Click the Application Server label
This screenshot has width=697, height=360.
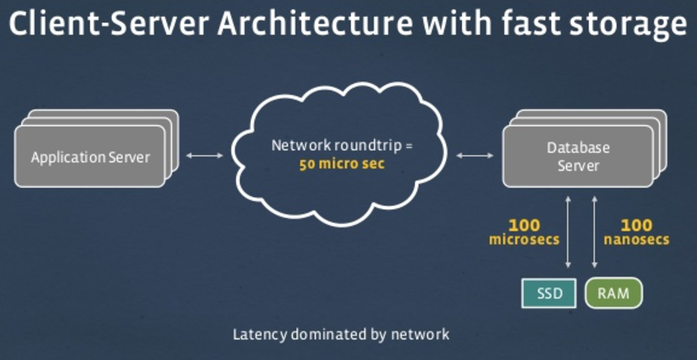click(x=90, y=157)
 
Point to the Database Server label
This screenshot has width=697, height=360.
click(x=578, y=157)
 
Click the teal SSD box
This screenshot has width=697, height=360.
click(x=549, y=293)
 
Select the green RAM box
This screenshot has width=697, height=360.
click(x=614, y=293)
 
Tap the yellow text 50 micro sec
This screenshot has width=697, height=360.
click(x=342, y=165)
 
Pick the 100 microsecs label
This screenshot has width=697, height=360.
click(x=524, y=232)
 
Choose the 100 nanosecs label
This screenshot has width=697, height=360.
click(x=636, y=232)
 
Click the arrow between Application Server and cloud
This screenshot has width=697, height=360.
click(x=205, y=156)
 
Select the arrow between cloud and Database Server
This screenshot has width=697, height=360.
click(x=475, y=156)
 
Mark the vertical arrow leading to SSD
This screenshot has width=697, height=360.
click(x=568, y=232)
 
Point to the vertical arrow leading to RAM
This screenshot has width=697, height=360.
click(x=594, y=232)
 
